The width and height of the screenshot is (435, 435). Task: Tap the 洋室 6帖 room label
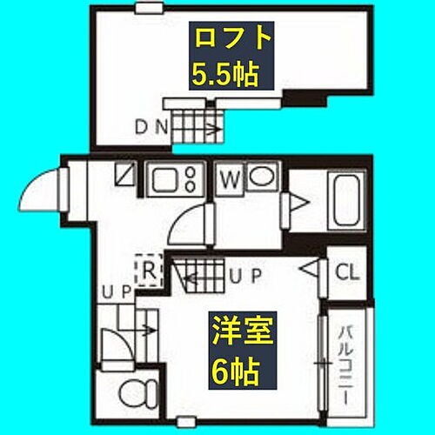point(238,352)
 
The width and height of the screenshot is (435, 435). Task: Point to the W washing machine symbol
point(230,181)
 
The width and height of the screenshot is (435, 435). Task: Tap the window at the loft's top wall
point(150,8)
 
